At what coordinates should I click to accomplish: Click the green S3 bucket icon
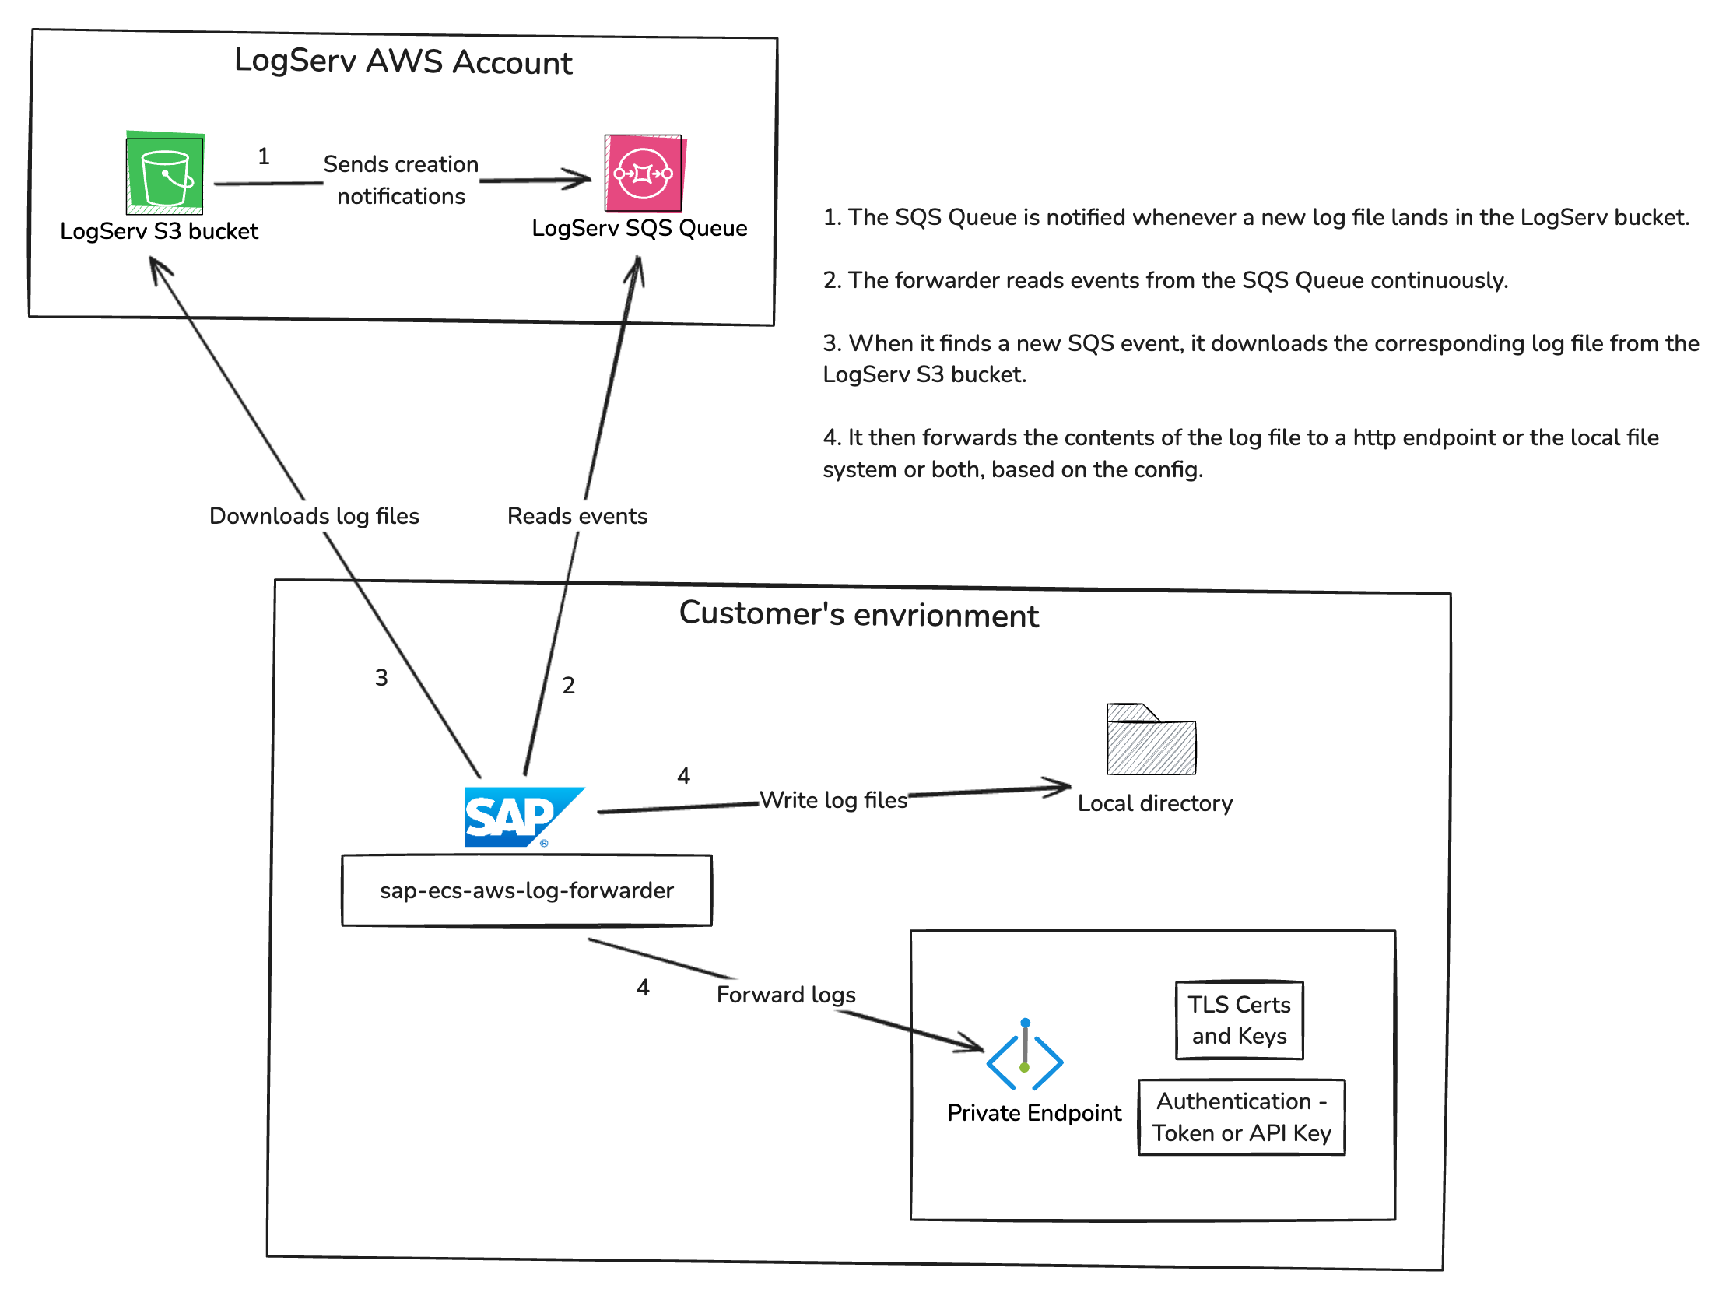pos(164,173)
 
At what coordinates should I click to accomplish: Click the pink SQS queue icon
pos(644,173)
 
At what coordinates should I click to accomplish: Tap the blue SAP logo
pos(523,817)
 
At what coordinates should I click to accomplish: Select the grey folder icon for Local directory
pos(1151,740)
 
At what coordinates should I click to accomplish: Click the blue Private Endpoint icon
pos(1024,1056)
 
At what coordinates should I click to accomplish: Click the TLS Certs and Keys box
pos(1239,1020)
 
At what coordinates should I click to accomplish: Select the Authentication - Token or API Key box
pos(1241,1117)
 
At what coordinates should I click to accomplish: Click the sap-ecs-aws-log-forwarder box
pos(527,891)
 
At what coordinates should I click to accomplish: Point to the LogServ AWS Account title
pos(403,62)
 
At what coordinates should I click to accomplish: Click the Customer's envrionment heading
pos(858,615)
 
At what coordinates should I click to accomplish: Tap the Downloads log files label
pos(314,516)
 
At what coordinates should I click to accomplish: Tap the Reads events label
pos(577,516)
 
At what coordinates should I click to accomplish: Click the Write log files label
pos(833,800)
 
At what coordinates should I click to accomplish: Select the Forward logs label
pos(786,995)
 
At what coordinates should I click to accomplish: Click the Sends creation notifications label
pos(401,181)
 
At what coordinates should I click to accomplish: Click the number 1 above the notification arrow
pos(264,156)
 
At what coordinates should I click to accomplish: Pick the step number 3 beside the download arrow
pos(381,678)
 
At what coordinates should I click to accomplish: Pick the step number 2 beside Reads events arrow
pos(569,686)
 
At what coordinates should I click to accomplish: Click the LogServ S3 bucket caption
pos(159,231)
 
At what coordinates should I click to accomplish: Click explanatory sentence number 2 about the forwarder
pos(1165,280)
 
